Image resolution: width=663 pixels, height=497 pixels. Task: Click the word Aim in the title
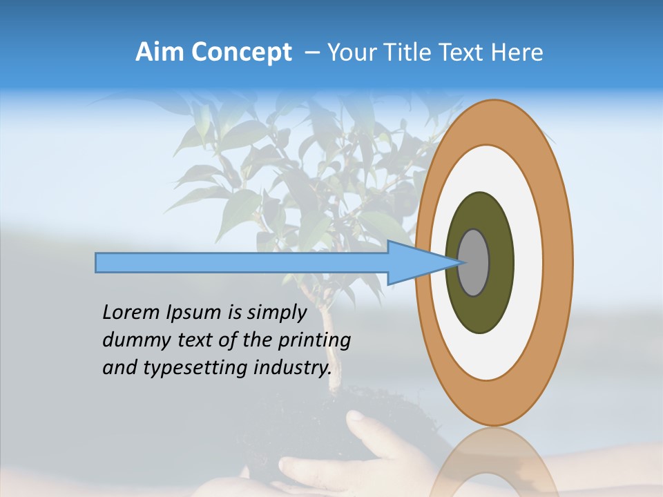pos(160,52)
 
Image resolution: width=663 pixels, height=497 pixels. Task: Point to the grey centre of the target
pos(474,262)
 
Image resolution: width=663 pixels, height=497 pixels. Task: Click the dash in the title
pos(311,53)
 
